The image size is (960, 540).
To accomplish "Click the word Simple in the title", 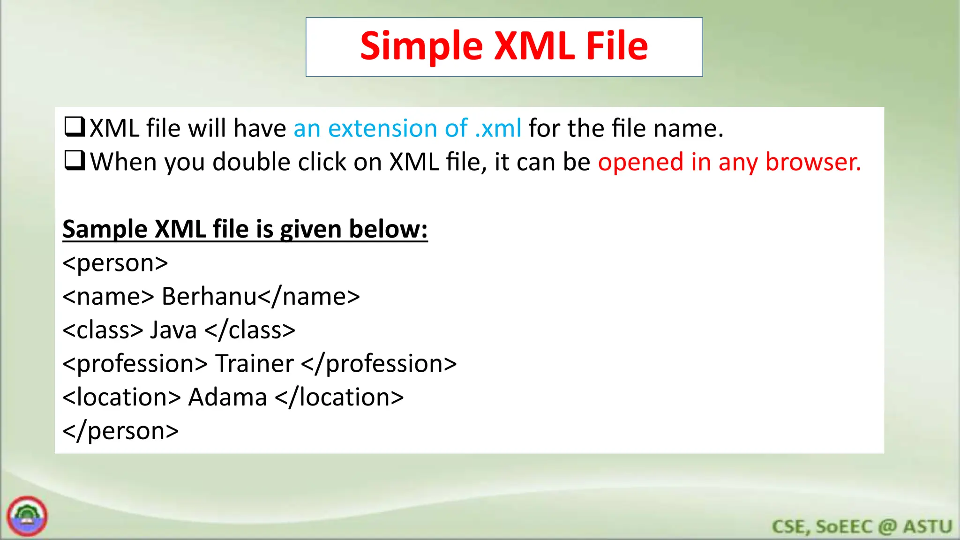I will pos(421,46).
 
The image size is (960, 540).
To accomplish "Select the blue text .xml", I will pos(498,128).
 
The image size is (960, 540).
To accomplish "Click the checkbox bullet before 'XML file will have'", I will pos(75,127).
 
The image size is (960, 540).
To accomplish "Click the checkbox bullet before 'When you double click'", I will pos(75,160).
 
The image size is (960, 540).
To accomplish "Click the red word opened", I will pos(640,162).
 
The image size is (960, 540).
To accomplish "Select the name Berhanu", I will pos(210,296).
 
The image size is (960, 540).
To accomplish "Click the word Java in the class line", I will pos(173,330).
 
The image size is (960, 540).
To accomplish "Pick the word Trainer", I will pos(254,364).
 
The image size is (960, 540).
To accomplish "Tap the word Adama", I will pos(227,397).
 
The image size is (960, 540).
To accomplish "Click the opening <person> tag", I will pos(115,263).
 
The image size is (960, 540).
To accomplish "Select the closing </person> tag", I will pos(120,431).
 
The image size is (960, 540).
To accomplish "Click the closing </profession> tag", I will pos(379,364).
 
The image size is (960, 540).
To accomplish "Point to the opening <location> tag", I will pos(121,397).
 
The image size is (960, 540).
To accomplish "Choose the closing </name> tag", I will pos(309,296).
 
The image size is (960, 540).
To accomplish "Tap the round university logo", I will pos(27,516).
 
